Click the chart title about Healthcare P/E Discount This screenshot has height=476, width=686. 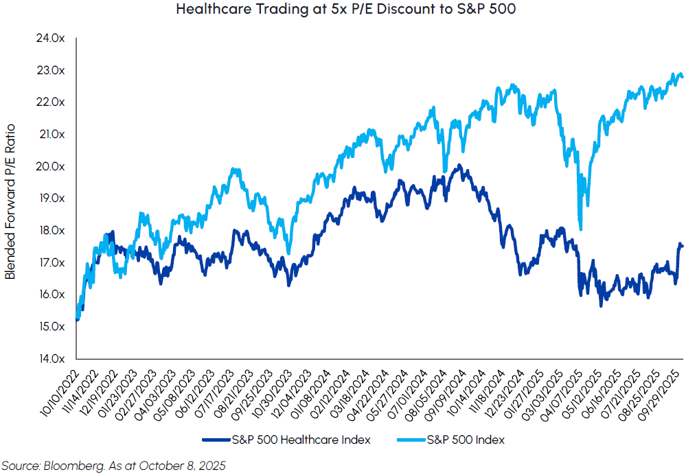coord(343,10)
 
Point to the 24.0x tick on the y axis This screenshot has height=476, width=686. coord(51,38)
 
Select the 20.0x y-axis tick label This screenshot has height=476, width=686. coord(51,166)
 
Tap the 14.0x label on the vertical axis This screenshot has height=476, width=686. coord(51,359)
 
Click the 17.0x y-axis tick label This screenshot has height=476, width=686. coord(51,262)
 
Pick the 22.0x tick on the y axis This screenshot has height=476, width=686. coord(51,102)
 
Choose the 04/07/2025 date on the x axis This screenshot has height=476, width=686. coord(561,388)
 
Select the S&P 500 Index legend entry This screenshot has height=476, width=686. coord(464,440)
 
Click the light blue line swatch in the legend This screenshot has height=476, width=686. coord(408,440)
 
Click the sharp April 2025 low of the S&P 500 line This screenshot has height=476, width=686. coord(582,229)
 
